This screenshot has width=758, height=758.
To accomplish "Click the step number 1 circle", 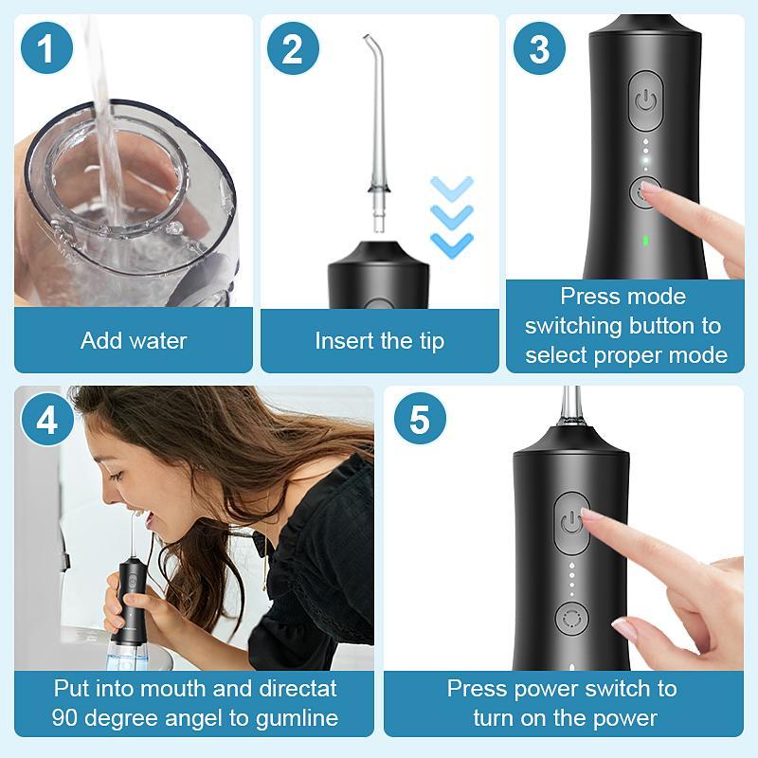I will (x=46, y=49).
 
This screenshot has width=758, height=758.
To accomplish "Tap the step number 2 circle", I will (x=293, y=49).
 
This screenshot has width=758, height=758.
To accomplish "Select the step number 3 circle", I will (x=539, y=49).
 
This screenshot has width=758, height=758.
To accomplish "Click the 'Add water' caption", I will (x=134, y=340).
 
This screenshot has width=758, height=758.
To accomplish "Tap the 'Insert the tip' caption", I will (x=379, y=340).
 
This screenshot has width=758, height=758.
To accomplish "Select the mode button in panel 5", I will (x=571, y=619).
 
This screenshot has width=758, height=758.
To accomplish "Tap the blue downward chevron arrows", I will (x=451, y=216).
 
